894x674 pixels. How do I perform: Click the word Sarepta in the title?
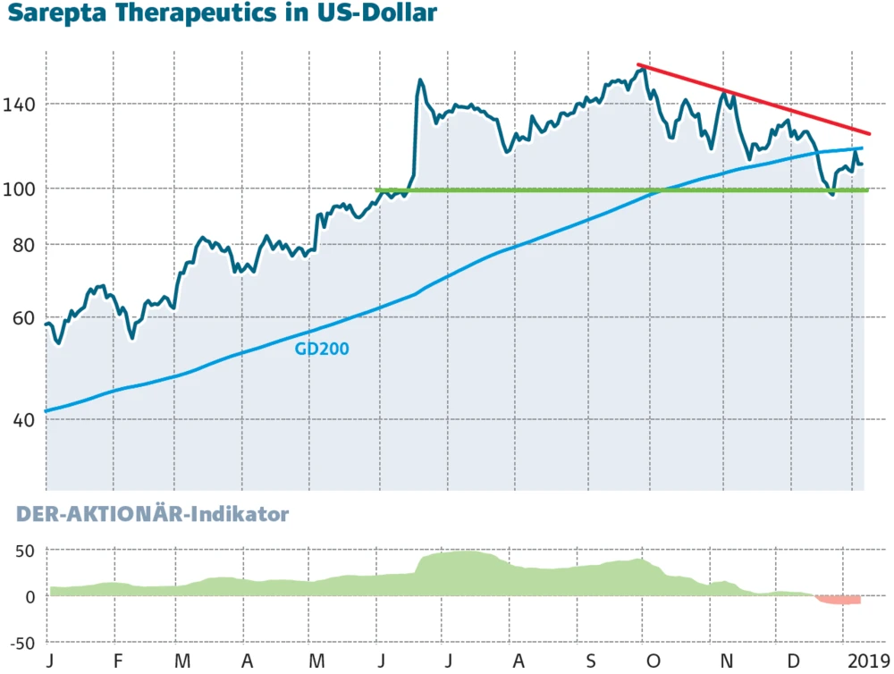pos(46,13)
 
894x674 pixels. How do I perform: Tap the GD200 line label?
pos(321,349)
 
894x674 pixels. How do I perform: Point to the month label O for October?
pos(654,662)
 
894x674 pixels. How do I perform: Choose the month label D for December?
pos(793,662)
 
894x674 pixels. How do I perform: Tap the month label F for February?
pos(117,662)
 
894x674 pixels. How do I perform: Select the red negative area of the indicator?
pos(840,600)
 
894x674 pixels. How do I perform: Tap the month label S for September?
pos(591,662)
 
